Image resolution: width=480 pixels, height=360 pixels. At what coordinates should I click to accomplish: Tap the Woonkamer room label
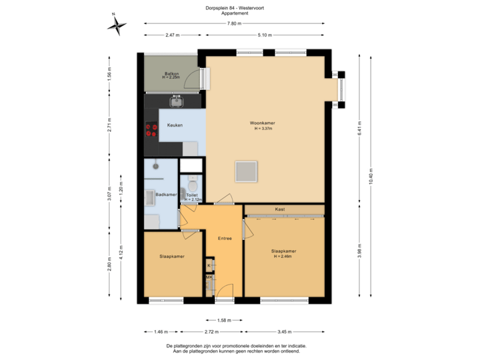[x=263, y=123]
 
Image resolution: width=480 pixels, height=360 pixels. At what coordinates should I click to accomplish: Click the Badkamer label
[x=166, y=194]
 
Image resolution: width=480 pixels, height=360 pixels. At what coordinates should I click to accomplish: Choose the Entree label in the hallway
[x=225, y=239]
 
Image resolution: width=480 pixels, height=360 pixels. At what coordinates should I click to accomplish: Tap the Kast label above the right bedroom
[x=281, y=209]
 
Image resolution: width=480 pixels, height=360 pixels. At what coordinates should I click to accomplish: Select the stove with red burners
[x=151, y=129]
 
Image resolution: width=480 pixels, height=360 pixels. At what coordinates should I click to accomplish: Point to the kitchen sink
[x=177, y=101]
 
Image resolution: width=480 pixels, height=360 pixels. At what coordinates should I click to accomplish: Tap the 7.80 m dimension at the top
[x=234, y=23]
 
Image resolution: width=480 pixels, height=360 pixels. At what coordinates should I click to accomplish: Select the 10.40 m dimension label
[x=371, y=175]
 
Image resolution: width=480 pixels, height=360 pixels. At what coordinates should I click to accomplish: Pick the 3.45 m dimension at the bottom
[x=285, y=331]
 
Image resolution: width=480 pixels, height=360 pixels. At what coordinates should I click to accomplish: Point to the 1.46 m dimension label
[x=160, y=331]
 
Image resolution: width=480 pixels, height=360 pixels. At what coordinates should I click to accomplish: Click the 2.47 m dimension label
[x=173, y=35]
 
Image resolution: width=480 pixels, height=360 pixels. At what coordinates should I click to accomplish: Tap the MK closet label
[x=209, y=277]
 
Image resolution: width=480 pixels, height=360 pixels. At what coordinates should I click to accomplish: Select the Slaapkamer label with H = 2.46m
[x=284, y=253]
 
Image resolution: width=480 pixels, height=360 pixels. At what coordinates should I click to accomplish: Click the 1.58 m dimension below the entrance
[x=225, y=320]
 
